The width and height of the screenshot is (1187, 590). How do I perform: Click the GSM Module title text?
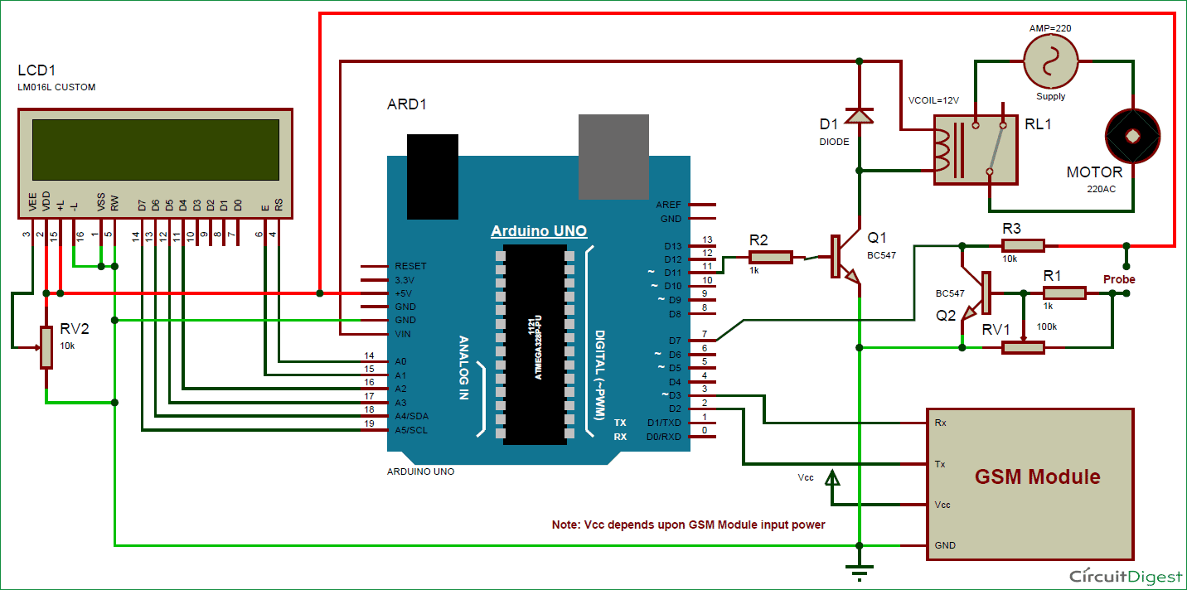point(1037,477)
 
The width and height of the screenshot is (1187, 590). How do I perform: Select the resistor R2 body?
point(770,258)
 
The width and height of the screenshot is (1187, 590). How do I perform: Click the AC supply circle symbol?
point(1050,62)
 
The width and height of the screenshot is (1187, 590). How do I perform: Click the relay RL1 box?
point(975,148)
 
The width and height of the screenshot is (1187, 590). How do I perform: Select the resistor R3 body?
point(1022,245)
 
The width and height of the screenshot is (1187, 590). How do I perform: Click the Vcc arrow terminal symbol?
point(834,479)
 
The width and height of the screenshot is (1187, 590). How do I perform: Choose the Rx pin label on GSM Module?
point(940,423)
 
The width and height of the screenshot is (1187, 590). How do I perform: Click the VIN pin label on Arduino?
point(403,334)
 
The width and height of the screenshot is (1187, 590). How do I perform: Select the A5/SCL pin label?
point(412,429)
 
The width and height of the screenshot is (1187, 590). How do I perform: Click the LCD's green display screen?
point(156,150)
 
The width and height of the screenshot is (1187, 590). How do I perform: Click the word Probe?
point(1119,279)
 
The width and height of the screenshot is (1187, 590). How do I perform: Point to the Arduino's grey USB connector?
point(613,157)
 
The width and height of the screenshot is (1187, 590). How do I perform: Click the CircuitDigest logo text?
point(1122,576)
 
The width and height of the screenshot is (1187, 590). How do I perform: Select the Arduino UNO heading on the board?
point(539,231)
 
